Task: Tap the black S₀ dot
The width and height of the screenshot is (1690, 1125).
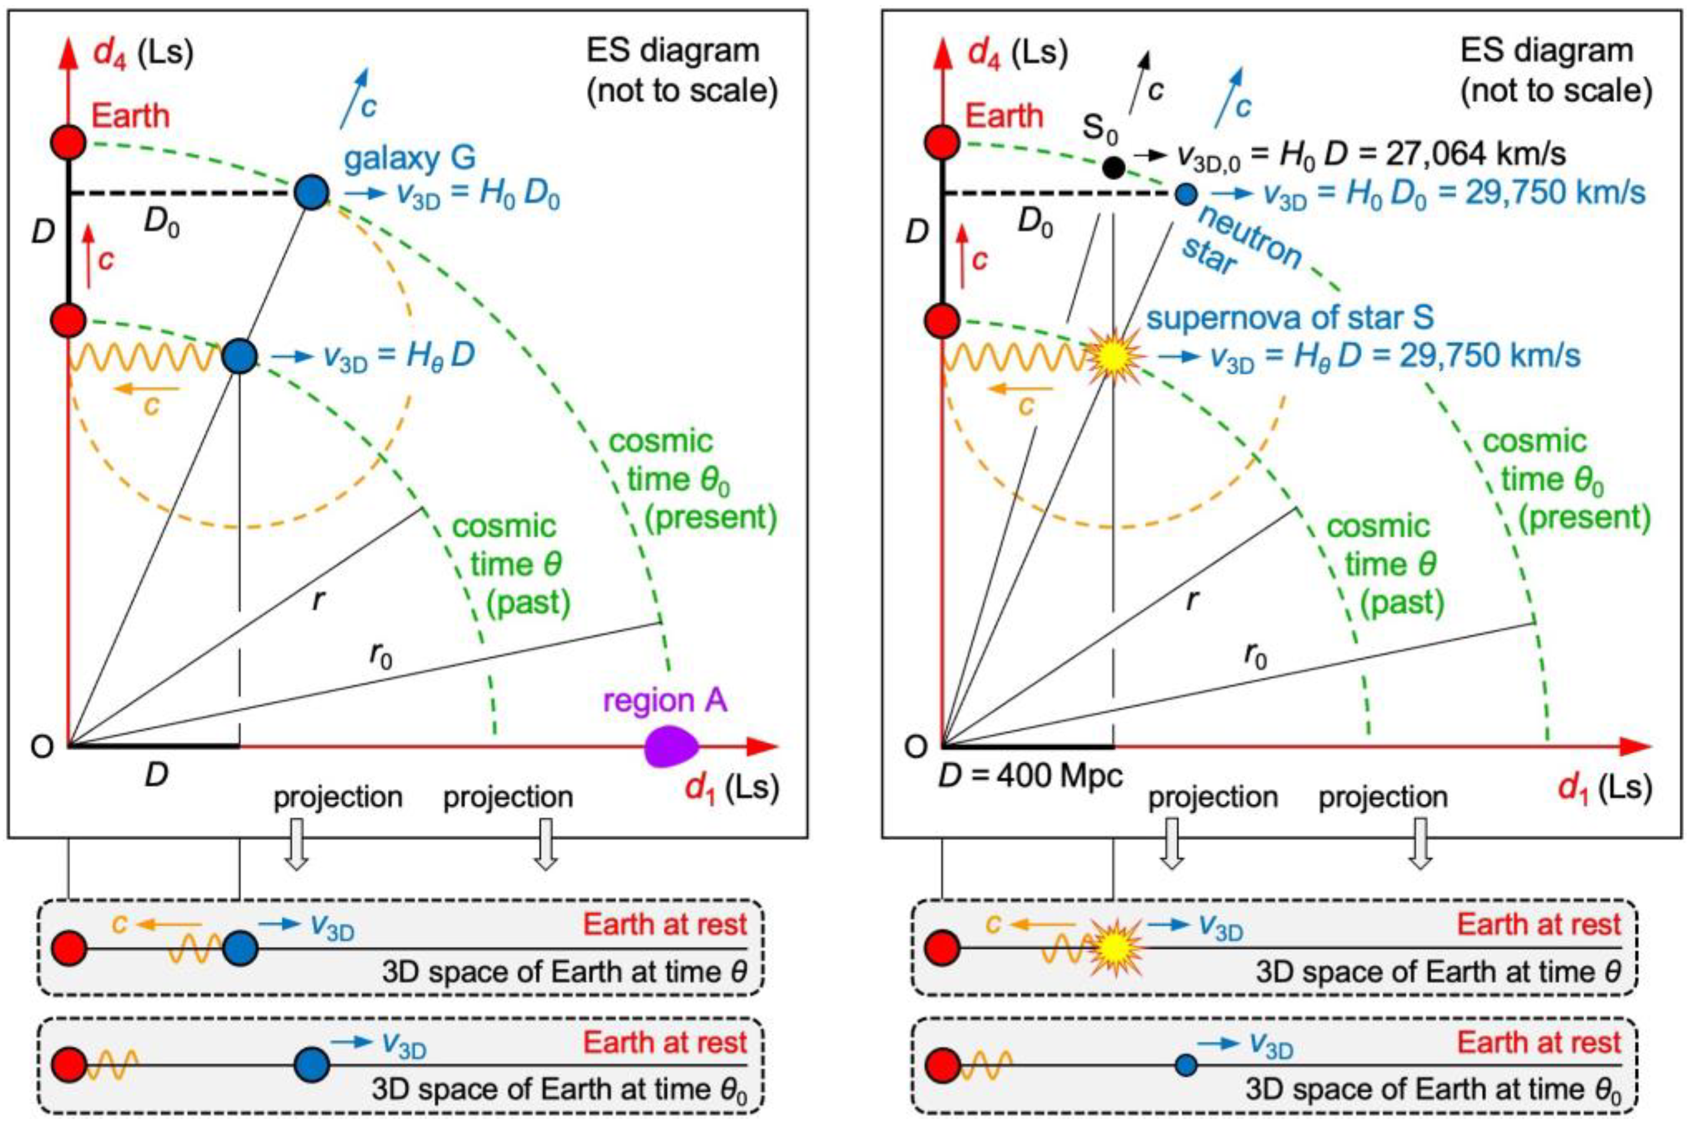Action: pos(1113,167)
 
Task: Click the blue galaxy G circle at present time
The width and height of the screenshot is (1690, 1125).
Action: pos(311,193)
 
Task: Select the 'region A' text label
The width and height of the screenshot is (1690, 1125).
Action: pos(665,700)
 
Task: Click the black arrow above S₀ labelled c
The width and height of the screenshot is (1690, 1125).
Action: pos(1139,82)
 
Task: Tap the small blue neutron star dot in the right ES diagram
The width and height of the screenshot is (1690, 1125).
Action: pos(1187,193)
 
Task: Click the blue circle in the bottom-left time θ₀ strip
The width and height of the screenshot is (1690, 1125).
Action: pos(311,1064)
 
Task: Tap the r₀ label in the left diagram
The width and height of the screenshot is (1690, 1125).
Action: pos(380,655)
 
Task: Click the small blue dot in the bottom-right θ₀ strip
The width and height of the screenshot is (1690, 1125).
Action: pos(1187,1065)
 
